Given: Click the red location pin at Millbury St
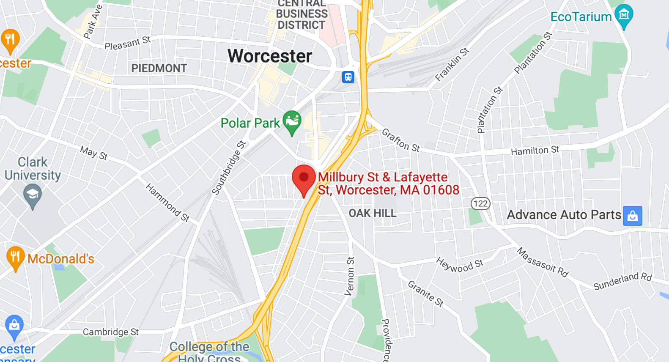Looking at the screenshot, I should point(304,178).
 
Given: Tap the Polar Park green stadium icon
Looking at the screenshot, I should point(292,121).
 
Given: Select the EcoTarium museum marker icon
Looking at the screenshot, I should point(624,15).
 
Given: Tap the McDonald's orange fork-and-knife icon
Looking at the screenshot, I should point(15,257).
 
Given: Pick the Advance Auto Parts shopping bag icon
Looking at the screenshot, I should point(632,216).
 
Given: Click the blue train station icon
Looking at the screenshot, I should point(348,77).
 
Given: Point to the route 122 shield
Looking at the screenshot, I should point(480,204).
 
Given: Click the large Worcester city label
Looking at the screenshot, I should point(270,56).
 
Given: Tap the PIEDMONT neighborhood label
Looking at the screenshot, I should point(159,69).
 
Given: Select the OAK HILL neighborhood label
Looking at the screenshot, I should point(373,213).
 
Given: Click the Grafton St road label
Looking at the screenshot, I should point(400,140).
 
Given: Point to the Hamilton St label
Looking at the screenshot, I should point(535,151).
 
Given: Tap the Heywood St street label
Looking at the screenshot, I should point(460,265).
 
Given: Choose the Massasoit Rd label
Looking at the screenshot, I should point(543,262).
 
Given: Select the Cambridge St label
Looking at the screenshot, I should point(111,332).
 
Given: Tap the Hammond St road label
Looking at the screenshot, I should point(167,203).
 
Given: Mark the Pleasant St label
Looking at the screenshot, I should point(127,43).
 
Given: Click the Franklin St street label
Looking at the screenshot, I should point(452,64).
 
